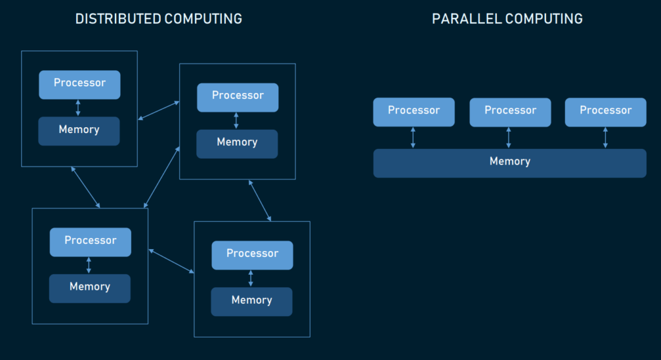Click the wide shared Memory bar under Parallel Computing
click(509, 163)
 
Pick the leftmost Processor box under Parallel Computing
click(414, 112)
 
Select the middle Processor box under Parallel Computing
click(510, 112)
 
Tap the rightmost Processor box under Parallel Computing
click(605, 112)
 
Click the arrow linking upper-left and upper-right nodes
click(159, 110)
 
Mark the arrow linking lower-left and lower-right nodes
click(171, 261)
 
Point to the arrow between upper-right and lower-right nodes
click(259, 201)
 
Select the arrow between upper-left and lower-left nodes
click(85, 187)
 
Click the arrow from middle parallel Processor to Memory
click(509, 137)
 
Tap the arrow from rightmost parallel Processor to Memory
click(605, 137)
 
